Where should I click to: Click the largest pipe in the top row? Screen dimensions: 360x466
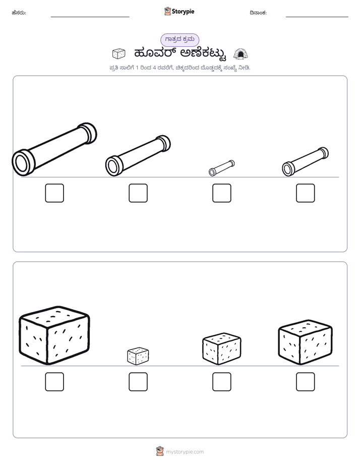[54, 149]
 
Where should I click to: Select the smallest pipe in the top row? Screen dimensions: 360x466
[221, 168]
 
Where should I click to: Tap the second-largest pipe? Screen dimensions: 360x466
[138, 155]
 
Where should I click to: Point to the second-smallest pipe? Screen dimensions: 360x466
[306, 161]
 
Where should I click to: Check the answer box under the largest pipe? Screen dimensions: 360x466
[54, 193]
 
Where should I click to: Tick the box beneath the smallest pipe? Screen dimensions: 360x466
[221, 193]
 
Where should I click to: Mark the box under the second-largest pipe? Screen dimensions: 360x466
[138, 193]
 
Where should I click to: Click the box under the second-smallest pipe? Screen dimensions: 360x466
[306, 193]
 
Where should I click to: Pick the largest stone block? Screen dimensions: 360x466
[54, 335]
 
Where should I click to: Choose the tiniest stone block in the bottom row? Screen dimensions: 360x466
[138, 356]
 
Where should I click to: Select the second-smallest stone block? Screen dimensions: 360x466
[221, 349]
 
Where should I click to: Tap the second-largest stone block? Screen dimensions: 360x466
[306, 342]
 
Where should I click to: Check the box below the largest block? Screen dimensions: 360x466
[54, 382]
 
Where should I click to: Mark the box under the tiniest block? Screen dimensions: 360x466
[138, 382]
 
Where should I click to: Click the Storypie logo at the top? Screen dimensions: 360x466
[179, 11]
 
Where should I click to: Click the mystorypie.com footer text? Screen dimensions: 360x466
[185, 452]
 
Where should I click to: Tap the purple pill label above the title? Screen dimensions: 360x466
[179, 39]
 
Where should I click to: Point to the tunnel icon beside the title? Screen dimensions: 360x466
[241, 54]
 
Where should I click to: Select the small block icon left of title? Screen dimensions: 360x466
[119, 54]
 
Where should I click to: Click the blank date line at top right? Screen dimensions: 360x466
[317, 17]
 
